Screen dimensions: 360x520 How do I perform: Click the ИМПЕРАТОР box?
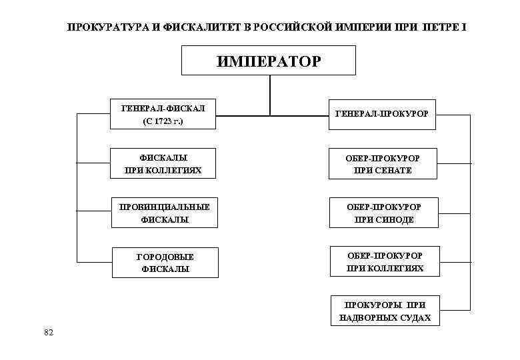tap(269, 61)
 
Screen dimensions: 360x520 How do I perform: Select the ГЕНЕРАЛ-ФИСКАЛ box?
tap(163, 115)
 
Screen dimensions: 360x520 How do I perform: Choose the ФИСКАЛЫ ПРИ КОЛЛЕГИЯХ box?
tap(163, 164)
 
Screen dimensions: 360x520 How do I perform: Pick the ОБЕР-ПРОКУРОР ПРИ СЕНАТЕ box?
tap(383, 164)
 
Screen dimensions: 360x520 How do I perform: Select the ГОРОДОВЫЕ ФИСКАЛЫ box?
tap(165, 263)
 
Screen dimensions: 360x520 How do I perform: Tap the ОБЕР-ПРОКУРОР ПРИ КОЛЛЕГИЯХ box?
tap(384, 262)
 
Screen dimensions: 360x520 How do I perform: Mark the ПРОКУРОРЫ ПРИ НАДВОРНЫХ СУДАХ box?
tap(385, 311)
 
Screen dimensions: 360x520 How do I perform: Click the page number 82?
tap(48, 333)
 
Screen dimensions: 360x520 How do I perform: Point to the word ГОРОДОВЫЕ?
tap(165, 256)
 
